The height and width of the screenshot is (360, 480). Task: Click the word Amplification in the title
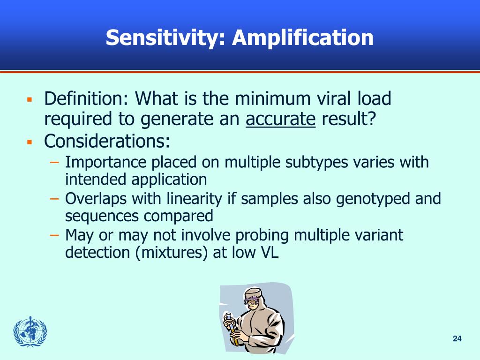click(303, 38)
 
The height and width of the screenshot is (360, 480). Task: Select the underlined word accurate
click(281, 120)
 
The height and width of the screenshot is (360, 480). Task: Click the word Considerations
click(107, 140)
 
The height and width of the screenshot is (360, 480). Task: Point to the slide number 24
click(457, 339)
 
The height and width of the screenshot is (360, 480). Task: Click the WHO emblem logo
click(30, 332)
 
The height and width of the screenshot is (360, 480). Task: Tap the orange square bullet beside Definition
click(29, 100)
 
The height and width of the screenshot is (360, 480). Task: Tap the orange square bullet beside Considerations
click(29, 141)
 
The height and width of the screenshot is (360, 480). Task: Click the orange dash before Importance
click(55, 162)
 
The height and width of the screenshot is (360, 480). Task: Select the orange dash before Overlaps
click(55, 199)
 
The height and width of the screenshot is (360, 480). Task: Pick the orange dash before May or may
click(55, 235)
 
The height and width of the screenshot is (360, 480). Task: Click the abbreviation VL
click(268, 253)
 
